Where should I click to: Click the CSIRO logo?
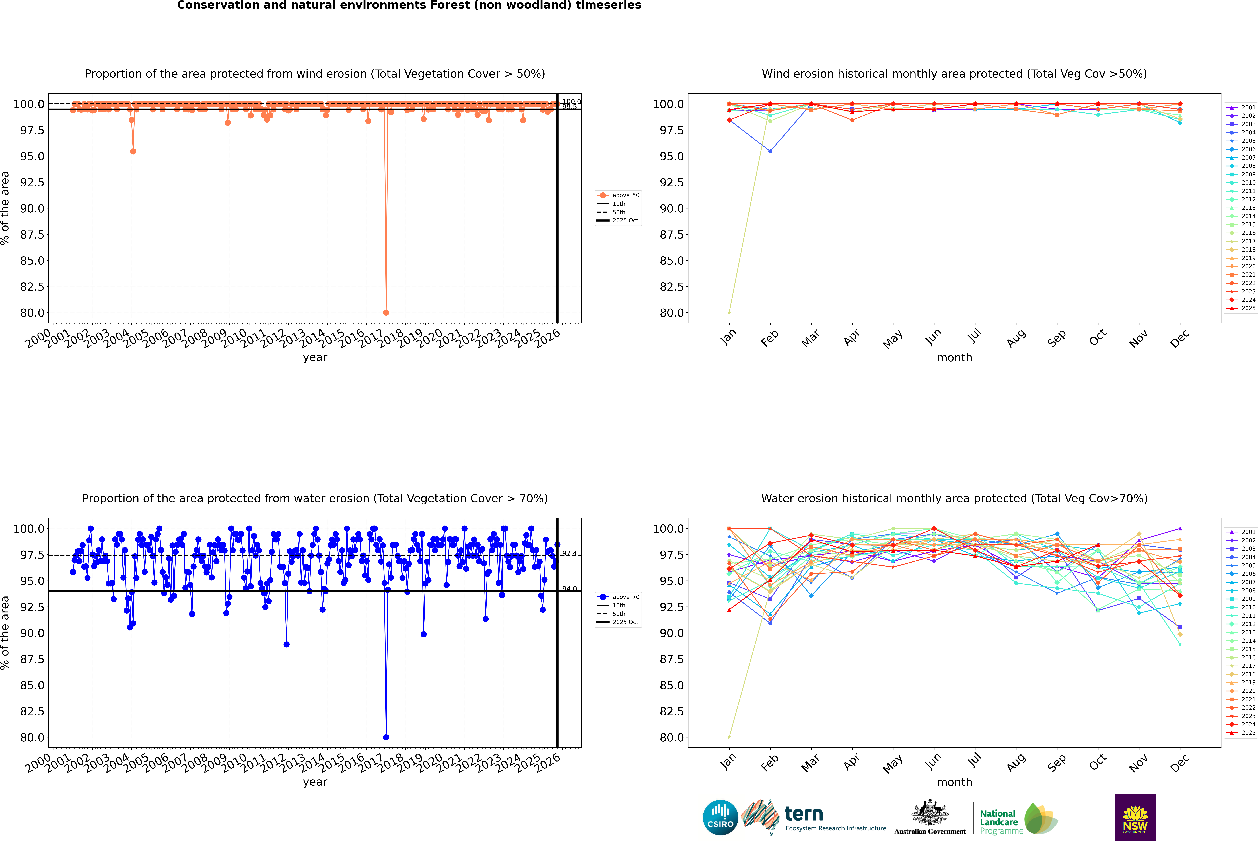pos(720,817)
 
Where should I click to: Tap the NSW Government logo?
pos(1135,817)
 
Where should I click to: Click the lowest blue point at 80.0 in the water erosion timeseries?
pos(386,737)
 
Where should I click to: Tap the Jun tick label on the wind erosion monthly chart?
pos(934,337)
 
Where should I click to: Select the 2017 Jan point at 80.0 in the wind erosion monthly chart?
pos(729,312)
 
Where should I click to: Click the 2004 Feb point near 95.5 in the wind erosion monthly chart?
pos(770,151)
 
